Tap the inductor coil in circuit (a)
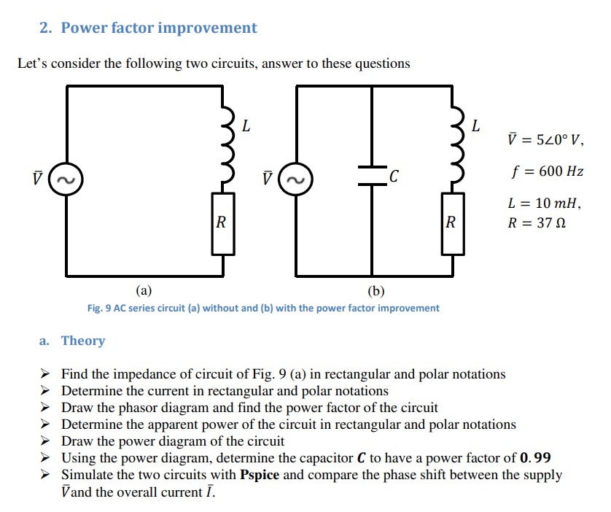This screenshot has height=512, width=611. pos(224,144)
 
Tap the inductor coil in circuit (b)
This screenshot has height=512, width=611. pos(453,144)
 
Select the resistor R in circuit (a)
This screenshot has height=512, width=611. pos(223,223)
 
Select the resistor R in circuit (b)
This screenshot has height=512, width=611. pos(453,223)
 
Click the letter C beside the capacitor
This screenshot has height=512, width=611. pos(394,176)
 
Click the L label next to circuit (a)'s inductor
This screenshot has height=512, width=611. pos(246,126)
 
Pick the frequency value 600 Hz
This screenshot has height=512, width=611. pos(558,171)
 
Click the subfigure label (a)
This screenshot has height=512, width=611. pos(144,291)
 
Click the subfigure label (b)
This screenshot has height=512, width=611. pos(375,291)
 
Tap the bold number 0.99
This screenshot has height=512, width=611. pos(536,458)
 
